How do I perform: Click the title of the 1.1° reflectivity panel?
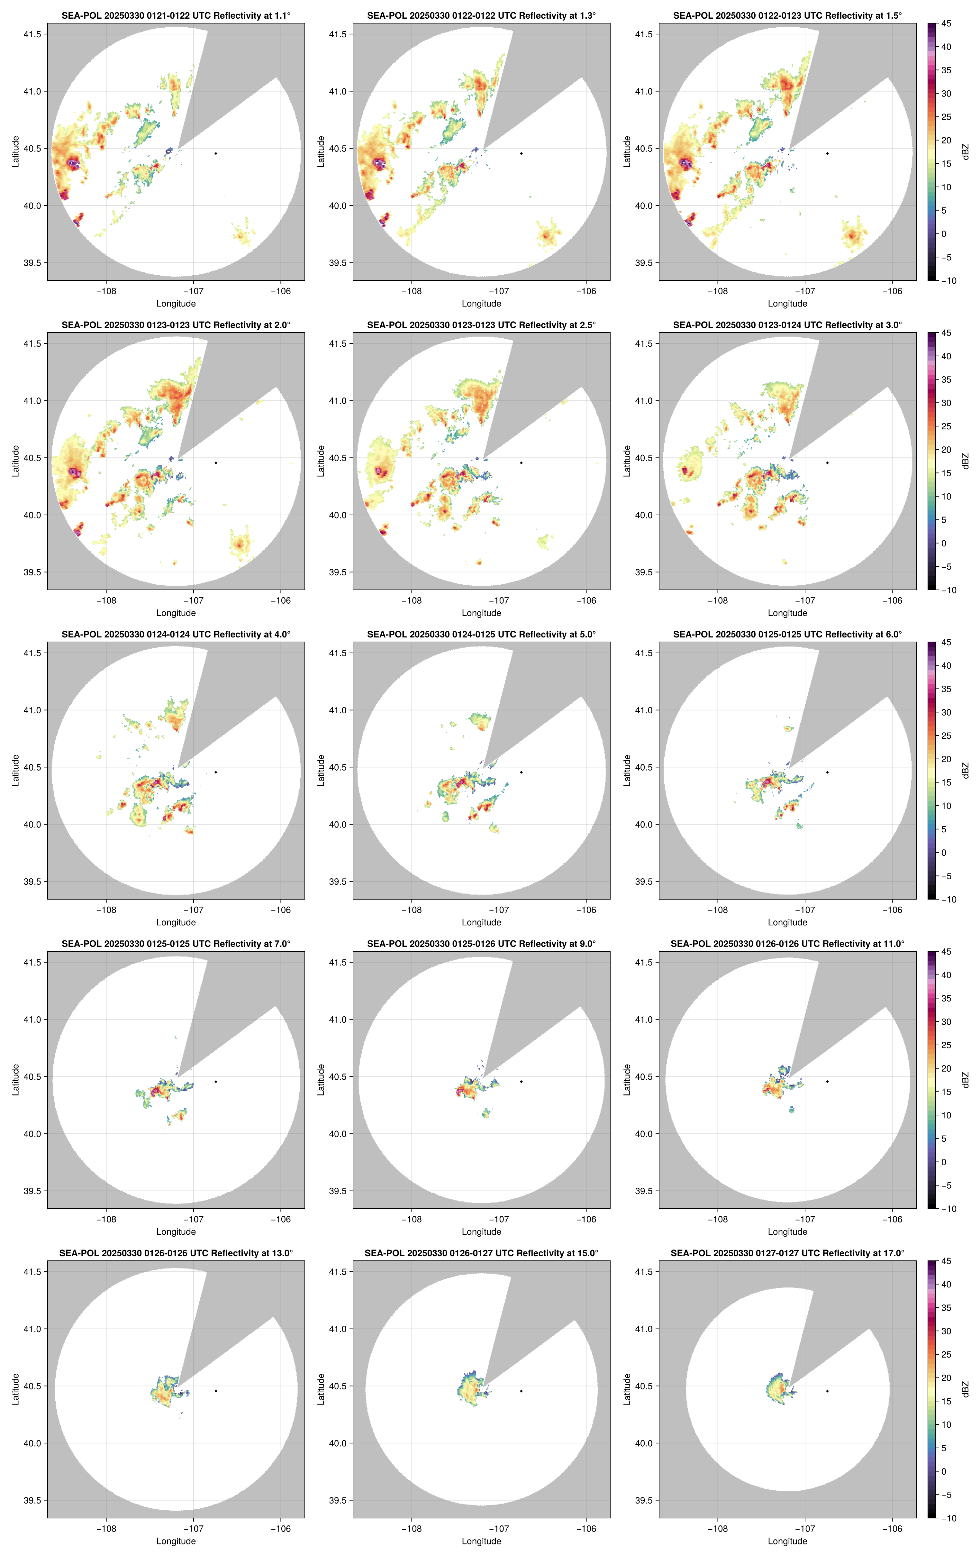coord(176,15)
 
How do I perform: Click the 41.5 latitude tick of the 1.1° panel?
coord(32,34)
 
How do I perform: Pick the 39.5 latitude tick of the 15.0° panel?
coord(338,1500)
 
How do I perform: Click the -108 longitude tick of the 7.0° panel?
coord(106,1219)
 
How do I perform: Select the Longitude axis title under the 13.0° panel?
coord(176,1541)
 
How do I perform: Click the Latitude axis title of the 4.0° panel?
coord(15,770)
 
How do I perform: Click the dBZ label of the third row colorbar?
coord(965,770)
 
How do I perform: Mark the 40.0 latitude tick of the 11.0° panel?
coord(643,1133)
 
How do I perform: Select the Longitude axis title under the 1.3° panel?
coord(481,304)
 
